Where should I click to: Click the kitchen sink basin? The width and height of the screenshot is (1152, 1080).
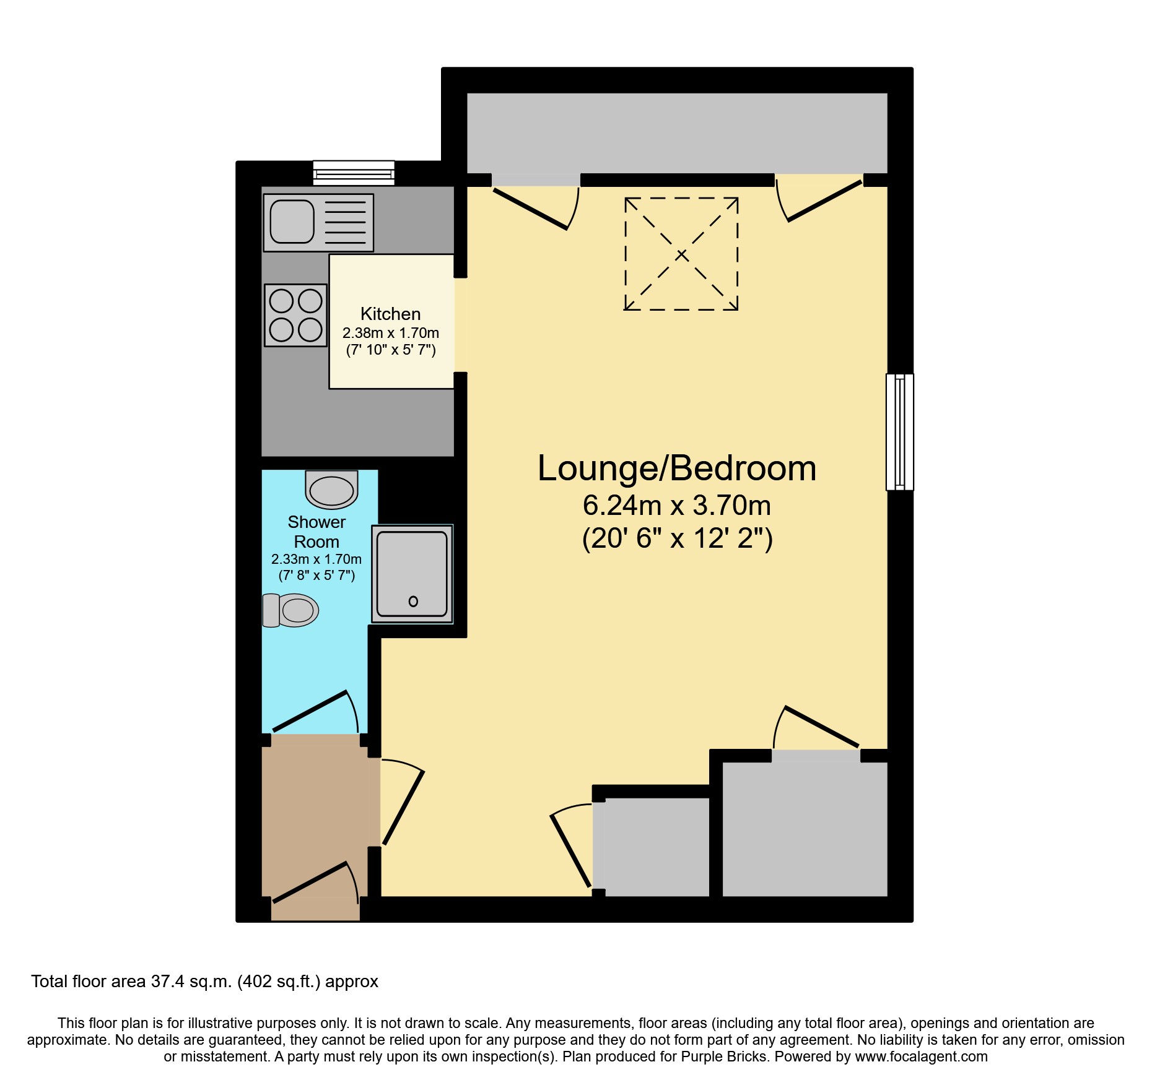(x=292, y=222)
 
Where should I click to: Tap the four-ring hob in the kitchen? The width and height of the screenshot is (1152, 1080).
(x=295, y=315)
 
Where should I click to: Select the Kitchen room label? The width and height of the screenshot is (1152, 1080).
(x=390, y=314)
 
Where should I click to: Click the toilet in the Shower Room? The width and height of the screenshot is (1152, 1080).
(x=291, y=610)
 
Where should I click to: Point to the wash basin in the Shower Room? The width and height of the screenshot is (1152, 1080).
(x=331, y=490)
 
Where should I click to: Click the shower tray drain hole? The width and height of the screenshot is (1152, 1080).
(x=413, y=601)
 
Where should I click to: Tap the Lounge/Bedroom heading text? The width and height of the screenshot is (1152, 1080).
(x=676, y=468)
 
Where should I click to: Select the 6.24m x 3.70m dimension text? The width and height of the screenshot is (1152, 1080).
(x=676, y=506)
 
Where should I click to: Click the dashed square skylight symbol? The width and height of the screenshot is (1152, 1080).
(x=681, y=254)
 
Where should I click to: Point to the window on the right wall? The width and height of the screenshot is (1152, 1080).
(x=899, y=432)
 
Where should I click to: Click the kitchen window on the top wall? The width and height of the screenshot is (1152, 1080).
(x=354, y=173)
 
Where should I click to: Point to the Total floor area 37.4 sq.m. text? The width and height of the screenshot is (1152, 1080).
(x=204, y=982)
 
